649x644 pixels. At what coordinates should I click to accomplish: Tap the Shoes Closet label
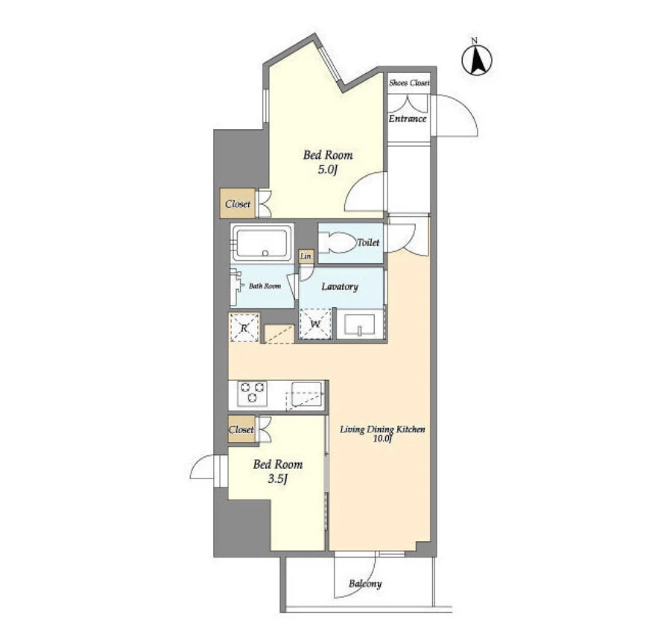click(409, 83)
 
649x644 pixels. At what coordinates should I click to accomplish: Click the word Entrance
click(408, 119)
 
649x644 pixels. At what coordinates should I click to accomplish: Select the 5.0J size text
click(328, 169)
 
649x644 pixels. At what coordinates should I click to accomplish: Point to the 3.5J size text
click(277, 479)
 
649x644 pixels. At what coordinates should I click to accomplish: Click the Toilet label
click(368, 242)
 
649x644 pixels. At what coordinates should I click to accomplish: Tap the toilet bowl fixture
click(338, 243)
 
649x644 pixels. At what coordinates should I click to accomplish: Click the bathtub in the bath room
click(262, 243)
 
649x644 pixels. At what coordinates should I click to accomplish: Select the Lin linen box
click(306, 256)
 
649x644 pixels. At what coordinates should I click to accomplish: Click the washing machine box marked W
click(315, 324)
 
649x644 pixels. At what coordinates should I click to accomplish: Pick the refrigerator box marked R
click(244, 328)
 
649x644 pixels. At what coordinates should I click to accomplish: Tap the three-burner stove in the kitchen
click(252, 393)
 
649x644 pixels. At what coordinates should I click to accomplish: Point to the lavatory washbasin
click(359, 324)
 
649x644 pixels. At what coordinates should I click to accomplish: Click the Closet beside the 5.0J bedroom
click(238, 203)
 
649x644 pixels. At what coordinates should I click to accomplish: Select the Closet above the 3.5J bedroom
click(241, 429)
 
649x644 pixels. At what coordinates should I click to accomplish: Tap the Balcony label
click(365, 584)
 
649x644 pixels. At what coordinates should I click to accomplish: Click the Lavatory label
click(340, 286)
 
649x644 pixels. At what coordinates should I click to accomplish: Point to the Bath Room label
click(265, 286)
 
